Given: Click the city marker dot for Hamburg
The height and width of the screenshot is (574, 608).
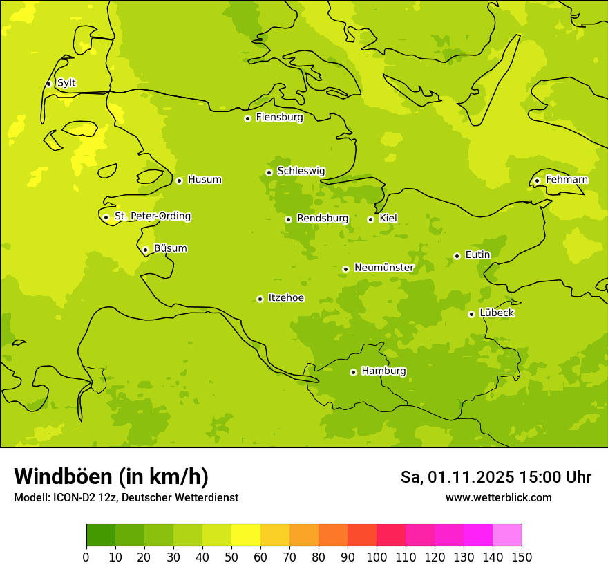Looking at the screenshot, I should pyautogui.click(x=353, y=372).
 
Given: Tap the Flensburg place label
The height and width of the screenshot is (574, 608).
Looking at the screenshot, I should pyautogui.click(x=279, y=118).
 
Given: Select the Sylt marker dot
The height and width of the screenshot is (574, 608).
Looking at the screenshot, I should pyautogui.click(x=48, y=84).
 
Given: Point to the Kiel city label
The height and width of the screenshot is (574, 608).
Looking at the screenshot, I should pyautogui.click(x=388, y=219).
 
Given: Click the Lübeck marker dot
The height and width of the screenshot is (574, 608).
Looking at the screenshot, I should pyautogui.click(x=471, y=314).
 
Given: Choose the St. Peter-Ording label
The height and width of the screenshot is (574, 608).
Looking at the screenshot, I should pyautogui.click(x=153, y=216).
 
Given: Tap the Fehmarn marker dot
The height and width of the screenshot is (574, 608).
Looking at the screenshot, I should pyautogui.click(x=537, y=180).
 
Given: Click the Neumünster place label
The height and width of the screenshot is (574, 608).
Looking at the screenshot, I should pyautogui.click(x=384, y=268).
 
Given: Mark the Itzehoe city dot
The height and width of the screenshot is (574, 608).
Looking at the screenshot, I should pyautogui.click(x=260, y=299).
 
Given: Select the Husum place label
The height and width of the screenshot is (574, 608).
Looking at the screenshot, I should pyautogui.click(x=205, y=180).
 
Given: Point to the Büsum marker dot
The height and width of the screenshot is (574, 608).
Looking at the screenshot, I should pyautogui.click(x=145, y=250).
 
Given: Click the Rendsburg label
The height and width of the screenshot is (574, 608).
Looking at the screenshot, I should pyautogui.click(x=323, y=219).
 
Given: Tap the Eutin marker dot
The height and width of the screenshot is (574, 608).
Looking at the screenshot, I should pyautogui.click(x=457, y=256).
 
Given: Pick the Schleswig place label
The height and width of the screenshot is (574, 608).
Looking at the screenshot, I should pyautogui.click(x=301, y=171).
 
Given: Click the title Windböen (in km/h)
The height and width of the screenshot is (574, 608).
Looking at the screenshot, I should pyautogui.click(x=111, y=476).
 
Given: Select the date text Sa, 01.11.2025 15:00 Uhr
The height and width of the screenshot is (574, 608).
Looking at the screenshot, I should pyautogui.click(x=495, y=477).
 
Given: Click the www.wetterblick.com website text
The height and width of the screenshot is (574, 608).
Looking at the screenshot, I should pyautogui.click(x=498, y=498).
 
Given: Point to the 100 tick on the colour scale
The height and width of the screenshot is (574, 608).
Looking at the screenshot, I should pyautogui.click(x=377, y=557).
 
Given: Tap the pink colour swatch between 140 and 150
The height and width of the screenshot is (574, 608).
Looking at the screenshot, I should pyautogui.click(x=507, y=535).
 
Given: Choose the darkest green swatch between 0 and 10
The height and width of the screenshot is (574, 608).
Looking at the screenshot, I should pyautogui.click(x=101, y=535).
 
